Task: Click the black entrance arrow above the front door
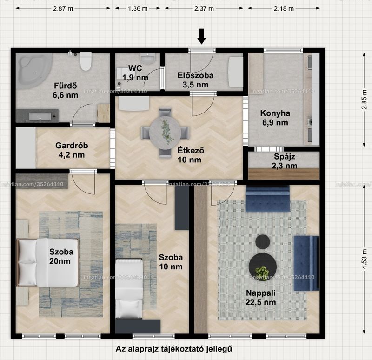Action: tap(202, 37)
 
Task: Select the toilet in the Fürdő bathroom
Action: tap(86, 61)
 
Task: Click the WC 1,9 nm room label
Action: tap(135, 73)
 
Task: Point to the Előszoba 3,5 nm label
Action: tap(195, 80)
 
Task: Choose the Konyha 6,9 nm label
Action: tap(275, 118)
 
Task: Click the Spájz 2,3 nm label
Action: tap(285, 161)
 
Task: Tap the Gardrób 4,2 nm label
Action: tap(72, 150)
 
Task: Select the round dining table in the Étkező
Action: tap(165, 133)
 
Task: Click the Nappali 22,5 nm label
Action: tap(260, 298)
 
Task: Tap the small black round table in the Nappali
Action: tap(263, 242)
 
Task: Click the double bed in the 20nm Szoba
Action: tap(47, 262)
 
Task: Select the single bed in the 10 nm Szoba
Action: tap(129, 288)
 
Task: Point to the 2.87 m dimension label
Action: tap(63, 9)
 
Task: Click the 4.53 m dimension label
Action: tap(365, 259)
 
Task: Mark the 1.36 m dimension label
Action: tap(138, 9)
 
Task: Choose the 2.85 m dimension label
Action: tap(365, 100)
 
